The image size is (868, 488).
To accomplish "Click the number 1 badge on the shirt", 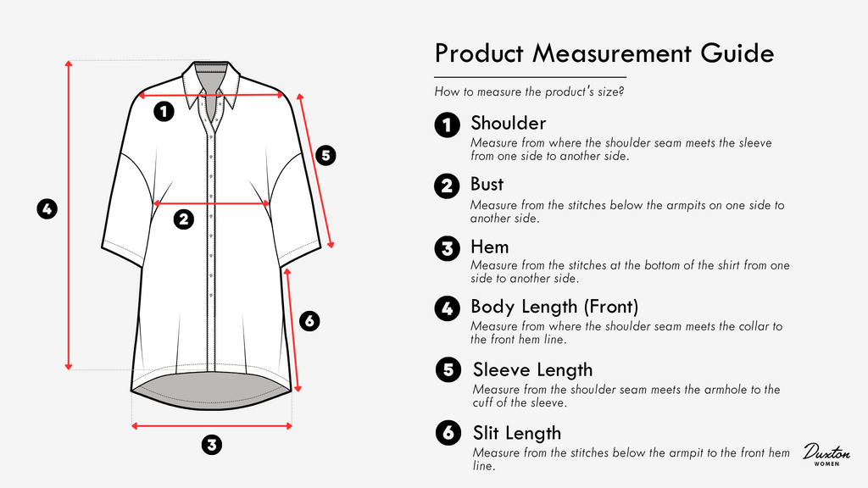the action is pos(164,111).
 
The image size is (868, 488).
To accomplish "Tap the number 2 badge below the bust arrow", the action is pos(184,219).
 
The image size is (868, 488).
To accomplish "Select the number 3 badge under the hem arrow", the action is pos(211,444).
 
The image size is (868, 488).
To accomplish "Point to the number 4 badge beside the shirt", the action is pos(47,208).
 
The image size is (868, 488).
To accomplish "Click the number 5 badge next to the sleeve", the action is pos(325,155).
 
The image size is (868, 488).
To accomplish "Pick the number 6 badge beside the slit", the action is pos(309,320).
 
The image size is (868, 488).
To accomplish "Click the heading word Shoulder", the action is pos(509,123).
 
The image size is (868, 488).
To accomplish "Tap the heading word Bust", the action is pos(487,184).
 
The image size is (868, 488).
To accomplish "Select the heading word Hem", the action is pos(489,247).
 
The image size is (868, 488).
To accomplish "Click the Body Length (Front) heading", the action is pos(554,307).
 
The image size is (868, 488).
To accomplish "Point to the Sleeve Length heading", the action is pos(532,369).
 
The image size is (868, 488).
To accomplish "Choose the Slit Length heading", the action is pos(517,433).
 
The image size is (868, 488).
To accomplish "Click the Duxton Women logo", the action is pos(826,454).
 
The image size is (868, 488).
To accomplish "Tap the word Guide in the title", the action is pos(737,53).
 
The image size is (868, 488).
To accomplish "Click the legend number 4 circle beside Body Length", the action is pos(448,308).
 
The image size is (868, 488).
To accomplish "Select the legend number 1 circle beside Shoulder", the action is pos(448,125).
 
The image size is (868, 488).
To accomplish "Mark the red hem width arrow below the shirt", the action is pos(212,425).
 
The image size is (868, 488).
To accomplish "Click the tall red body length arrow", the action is pos(69,215).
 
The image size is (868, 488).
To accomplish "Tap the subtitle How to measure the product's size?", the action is pos(529,91).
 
